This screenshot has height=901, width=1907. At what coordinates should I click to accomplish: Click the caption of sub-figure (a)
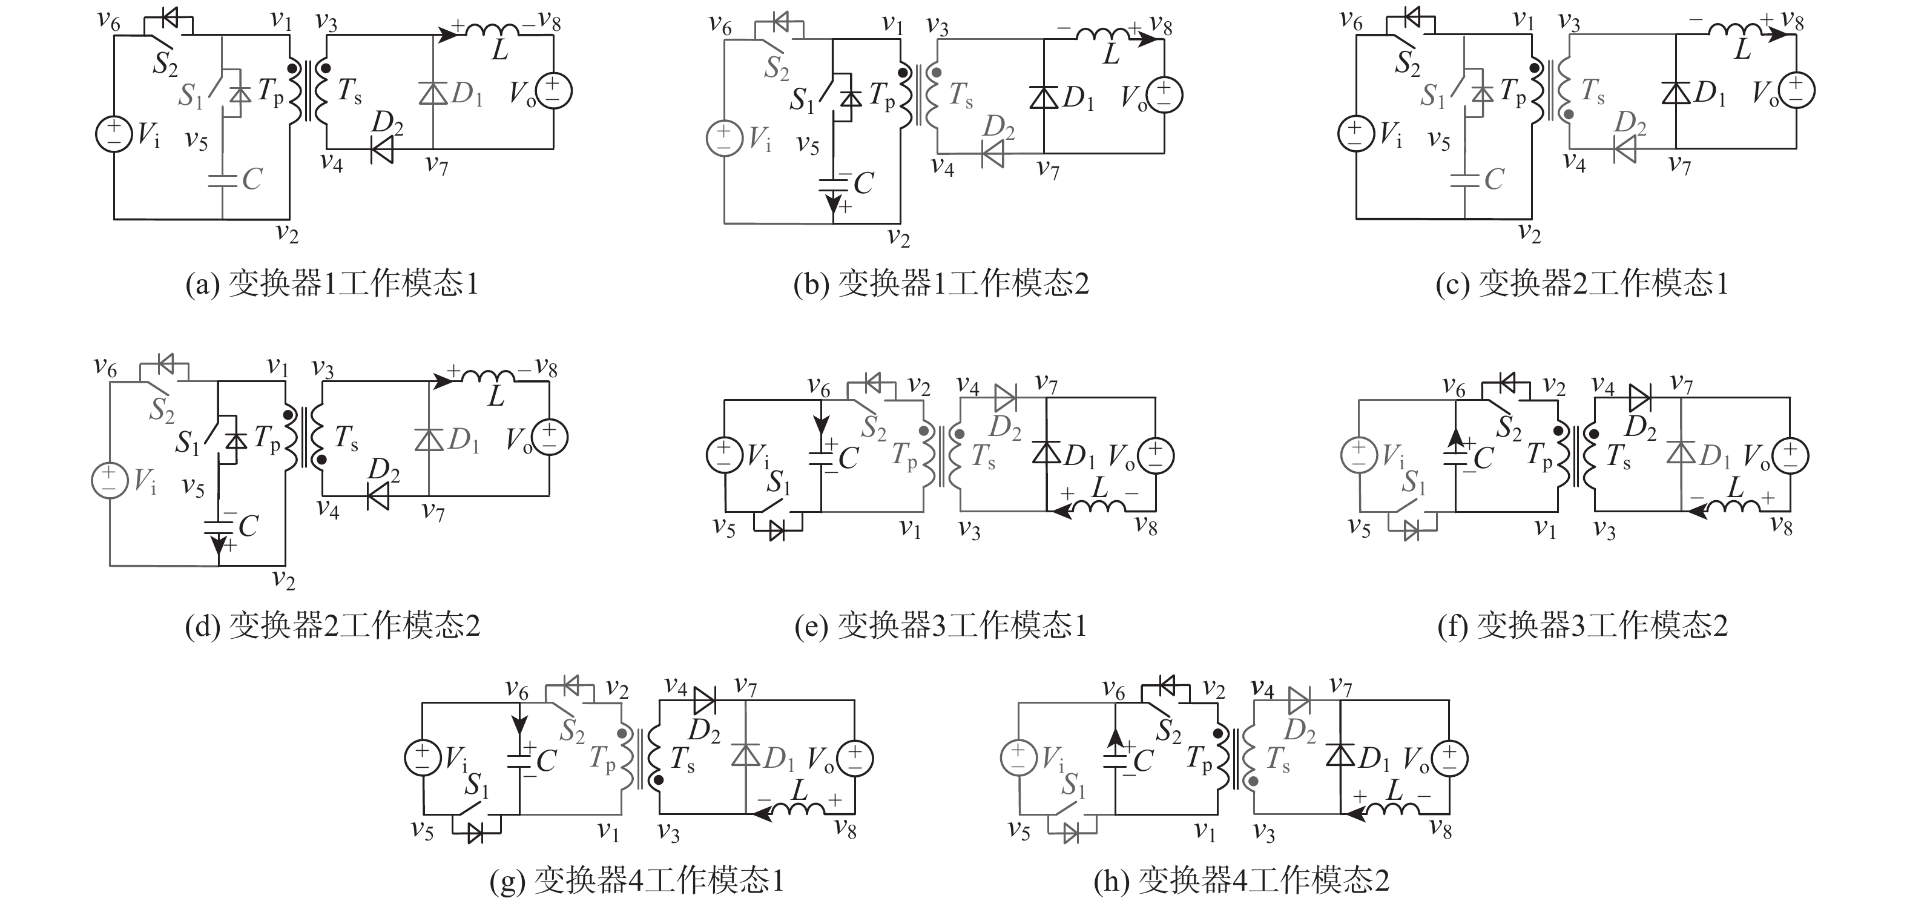pos(332,283)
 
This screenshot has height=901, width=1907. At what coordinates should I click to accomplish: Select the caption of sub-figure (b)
pos(941,283)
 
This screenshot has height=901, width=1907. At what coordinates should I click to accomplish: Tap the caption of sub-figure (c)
pos(1581,283)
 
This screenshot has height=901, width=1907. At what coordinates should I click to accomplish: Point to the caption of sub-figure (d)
pos(332,625)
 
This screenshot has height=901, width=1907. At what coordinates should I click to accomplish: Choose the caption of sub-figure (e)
pos(941,625)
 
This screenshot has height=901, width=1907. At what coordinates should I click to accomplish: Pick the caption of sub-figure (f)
pos(1582,625)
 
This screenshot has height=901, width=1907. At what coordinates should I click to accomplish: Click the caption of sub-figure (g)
pos(637,880)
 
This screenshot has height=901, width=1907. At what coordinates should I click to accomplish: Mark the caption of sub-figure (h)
pos(1242,880)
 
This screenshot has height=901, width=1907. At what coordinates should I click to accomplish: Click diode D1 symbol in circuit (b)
pos(1044,97)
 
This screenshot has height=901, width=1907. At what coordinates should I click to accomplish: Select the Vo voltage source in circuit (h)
pos(1449,758)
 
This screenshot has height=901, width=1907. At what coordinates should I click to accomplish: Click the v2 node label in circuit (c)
pos(1529,233)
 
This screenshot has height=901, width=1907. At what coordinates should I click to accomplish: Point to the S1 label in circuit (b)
pos(802,99)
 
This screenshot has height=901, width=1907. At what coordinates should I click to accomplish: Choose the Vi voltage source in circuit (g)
pos(423,759)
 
